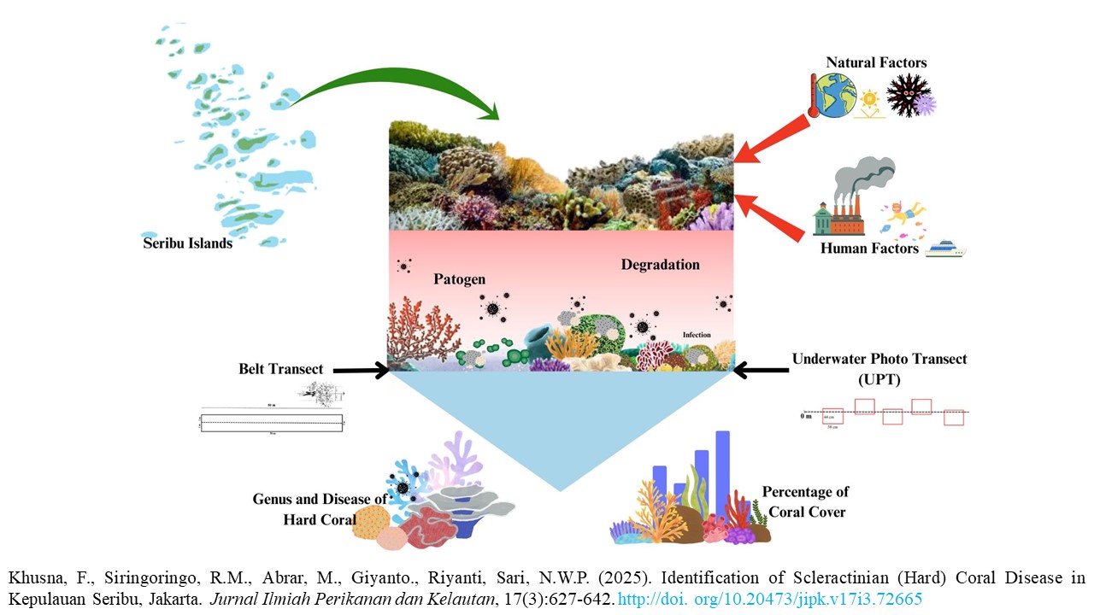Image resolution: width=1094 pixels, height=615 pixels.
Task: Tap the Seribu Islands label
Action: (188, 243)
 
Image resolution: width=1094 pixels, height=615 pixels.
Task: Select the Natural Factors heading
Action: (876, 62)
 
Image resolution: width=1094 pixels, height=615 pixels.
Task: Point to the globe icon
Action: (833, 95)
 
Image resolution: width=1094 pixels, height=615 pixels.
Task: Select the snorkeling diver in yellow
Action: (904, 213)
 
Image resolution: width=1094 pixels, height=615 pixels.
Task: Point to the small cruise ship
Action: (944, 249)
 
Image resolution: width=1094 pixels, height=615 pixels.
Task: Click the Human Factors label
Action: (869, 249)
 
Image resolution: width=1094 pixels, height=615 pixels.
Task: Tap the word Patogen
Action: (459, 279)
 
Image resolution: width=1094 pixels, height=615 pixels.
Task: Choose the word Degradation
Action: (660, 265)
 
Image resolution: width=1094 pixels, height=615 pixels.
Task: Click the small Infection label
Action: (697, 335)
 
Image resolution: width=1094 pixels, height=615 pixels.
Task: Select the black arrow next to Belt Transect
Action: (359, 371)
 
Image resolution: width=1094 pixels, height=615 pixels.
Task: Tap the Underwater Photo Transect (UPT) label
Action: (879, 367)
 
